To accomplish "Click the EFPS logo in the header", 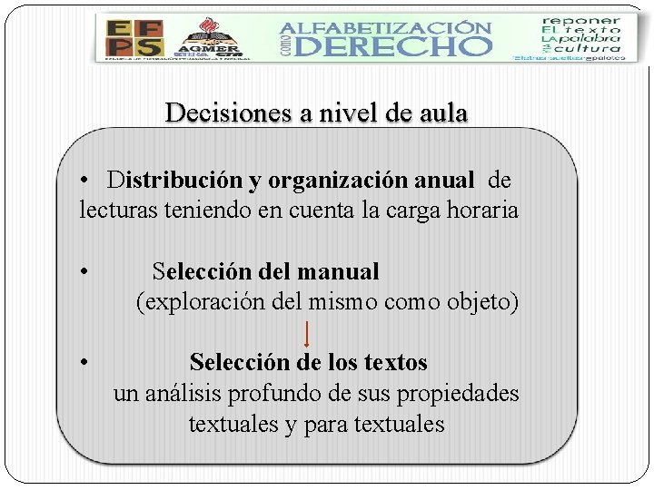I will pyautogui.click(x=134, y=38).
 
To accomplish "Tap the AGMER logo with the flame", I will pyautogui.click(x=208, y=38).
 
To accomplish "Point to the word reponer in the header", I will pyautogui.click(x=582, y=19).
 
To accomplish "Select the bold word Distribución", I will pyautogui.click(x=174, y=181).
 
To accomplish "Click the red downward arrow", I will pyautogui.click(x=308, y=333).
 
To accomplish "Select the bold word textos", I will pyautogui.click(x=395, y=362).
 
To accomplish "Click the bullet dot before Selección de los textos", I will pyautogui.click(x=83, y=362).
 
